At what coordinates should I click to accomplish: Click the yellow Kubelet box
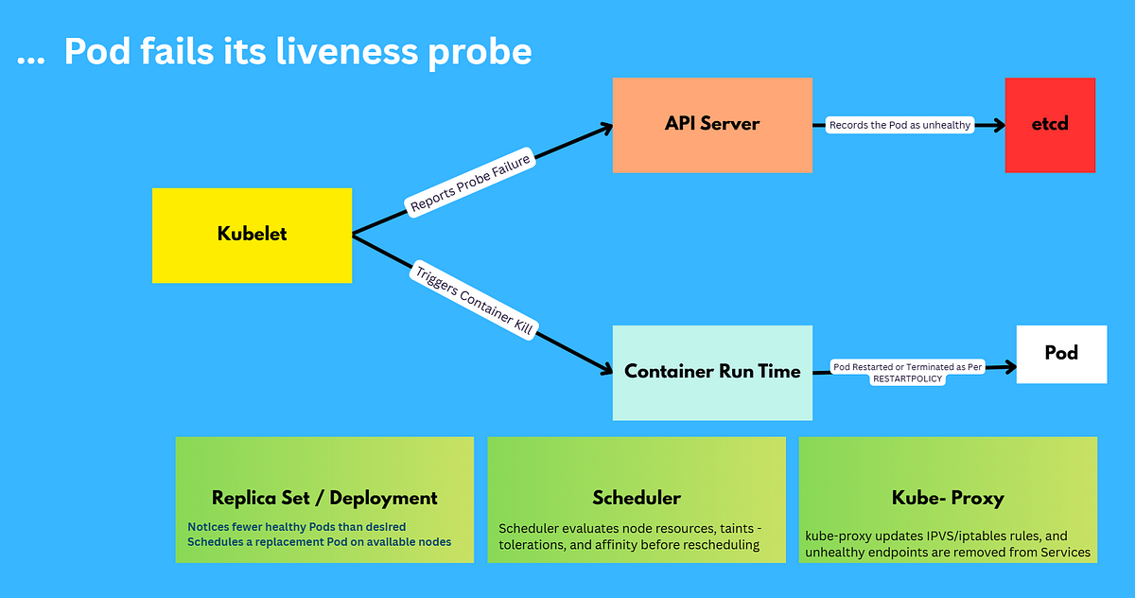point(252,235)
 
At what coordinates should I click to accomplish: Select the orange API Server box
point(711,124)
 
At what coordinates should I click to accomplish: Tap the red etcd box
point(1050,124)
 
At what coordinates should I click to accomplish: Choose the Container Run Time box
point(711,372)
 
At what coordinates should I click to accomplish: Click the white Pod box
point(1061,353)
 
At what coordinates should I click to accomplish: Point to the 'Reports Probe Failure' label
point(470,181)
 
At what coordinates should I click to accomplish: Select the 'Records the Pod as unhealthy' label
point(899,125)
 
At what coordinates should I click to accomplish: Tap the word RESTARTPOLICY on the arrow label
point(907,377)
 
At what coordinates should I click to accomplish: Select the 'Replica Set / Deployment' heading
point(324,498)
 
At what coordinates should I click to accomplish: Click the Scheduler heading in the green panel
point(636,498)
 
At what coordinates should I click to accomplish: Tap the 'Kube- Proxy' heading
point(948,498)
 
